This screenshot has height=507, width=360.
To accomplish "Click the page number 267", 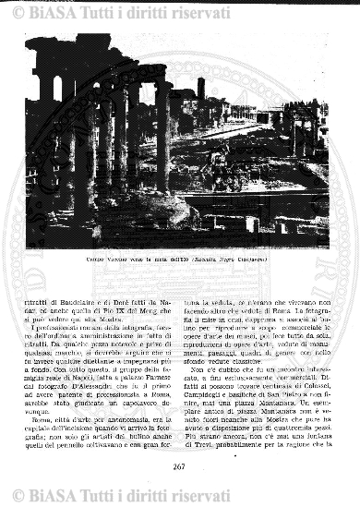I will pos(180,467).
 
